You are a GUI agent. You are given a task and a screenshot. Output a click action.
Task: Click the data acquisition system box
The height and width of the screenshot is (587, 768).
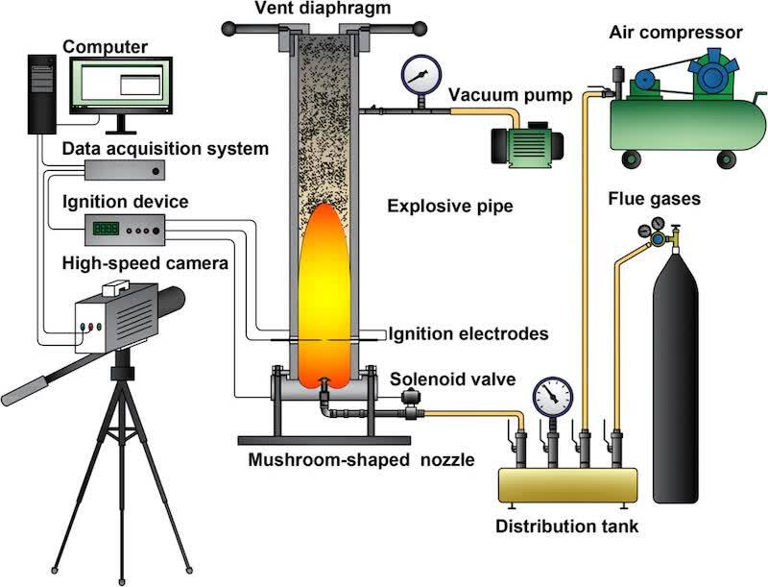[125, 170]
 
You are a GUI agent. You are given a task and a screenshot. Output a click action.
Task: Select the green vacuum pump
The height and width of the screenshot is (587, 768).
[524, 145]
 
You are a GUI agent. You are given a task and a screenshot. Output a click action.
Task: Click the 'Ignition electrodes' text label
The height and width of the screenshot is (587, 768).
[468, 334]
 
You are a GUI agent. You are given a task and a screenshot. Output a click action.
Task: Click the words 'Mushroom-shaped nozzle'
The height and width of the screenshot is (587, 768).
[361, 459]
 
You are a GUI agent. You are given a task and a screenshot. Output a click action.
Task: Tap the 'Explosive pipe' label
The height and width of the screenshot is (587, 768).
[437, 207]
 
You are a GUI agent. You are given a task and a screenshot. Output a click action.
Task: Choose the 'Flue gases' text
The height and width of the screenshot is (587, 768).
[654, 200]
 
